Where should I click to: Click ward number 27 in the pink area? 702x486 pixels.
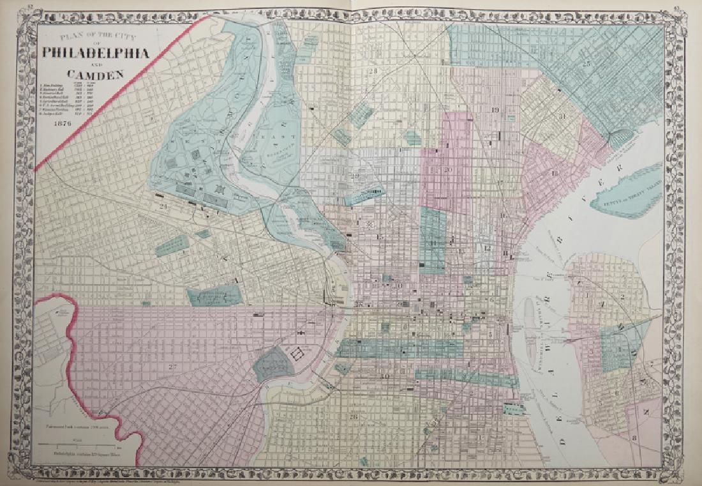pyautogui.click(x=172, y=367)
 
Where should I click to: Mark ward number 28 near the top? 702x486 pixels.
pyautogui.click(x=373, y=71)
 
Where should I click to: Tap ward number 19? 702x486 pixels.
pyautogui.click(x=495, y=110)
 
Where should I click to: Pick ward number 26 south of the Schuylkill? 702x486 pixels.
pyautogui.click(x=353, y=418)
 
